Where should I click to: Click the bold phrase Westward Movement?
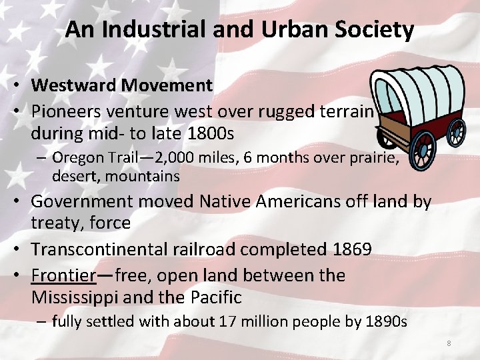[122, 85]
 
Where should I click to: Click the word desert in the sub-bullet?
[73, 177]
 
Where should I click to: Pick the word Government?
[83, 201]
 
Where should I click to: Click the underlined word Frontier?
[63, 275]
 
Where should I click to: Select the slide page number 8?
[449, 343]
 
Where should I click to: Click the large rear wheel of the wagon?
[424, 151]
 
